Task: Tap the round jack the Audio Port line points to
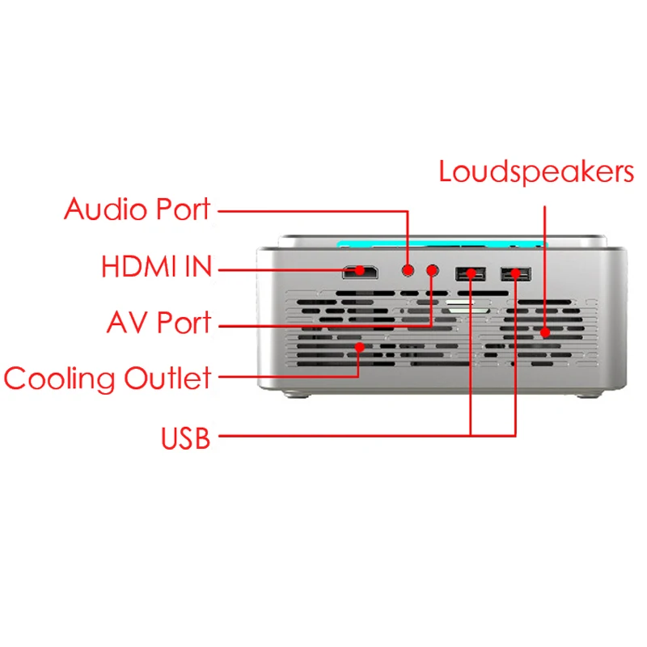point(408,269)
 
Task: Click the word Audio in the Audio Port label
point(102,209)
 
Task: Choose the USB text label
point(186,439)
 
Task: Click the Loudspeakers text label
point(536,171)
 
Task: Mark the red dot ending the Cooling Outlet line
point(359,347)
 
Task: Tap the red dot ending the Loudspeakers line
point(546,331)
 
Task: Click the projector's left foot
point(297,395)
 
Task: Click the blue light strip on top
point(441,243)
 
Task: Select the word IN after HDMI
point(195,266)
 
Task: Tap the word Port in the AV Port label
point(183,322)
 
